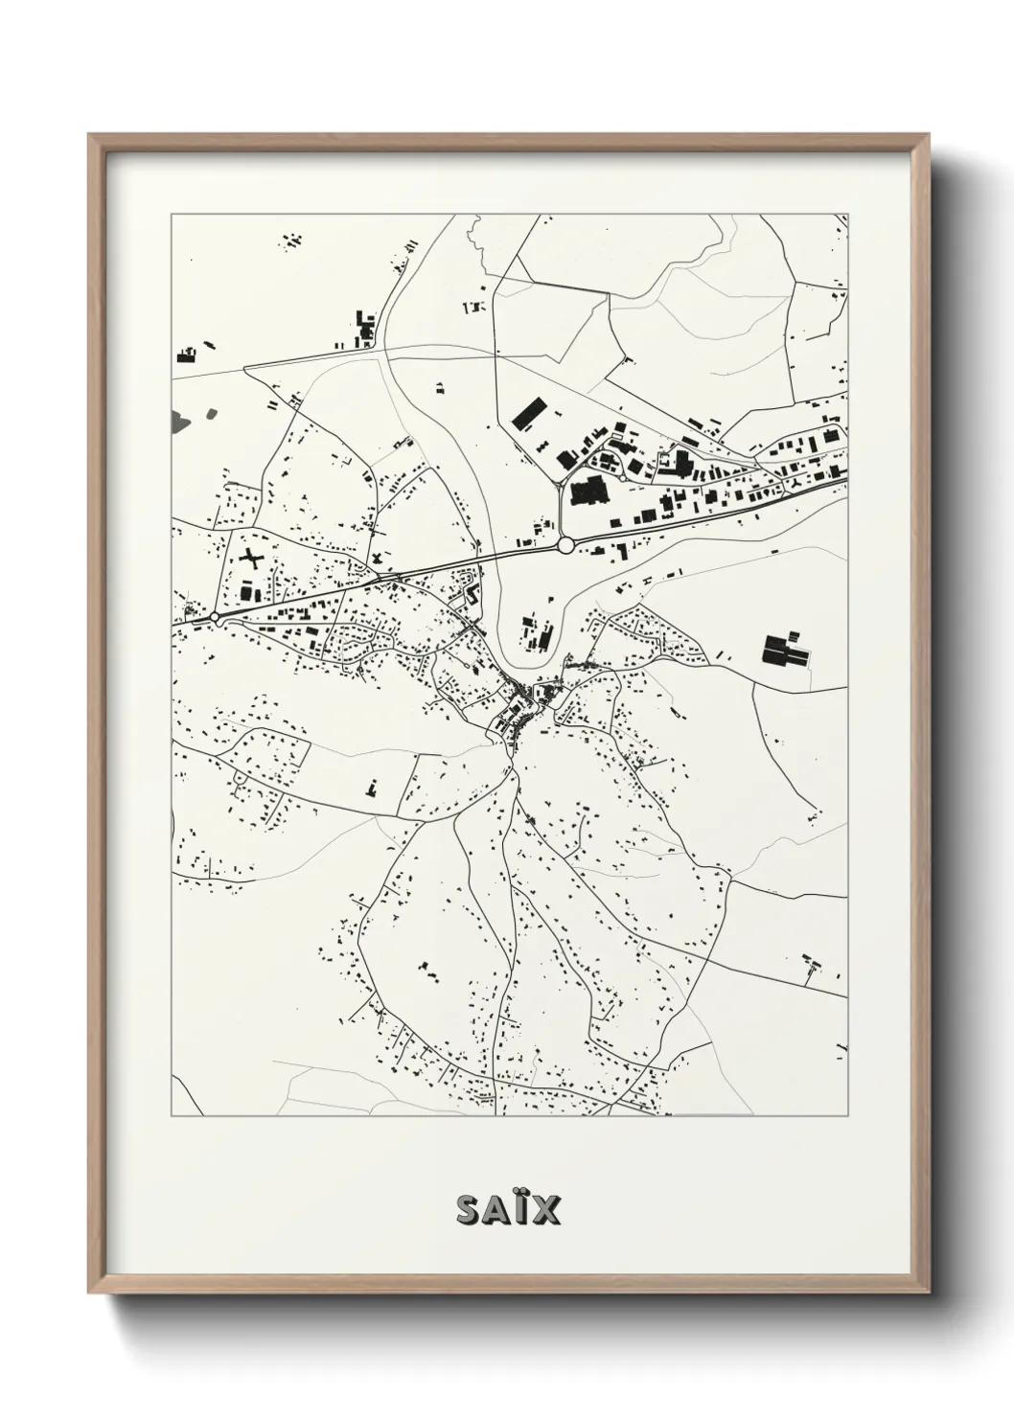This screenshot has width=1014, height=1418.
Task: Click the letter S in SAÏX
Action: click(x=469, y=1209)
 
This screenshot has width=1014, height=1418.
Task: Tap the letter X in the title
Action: click(x=545, y=1209)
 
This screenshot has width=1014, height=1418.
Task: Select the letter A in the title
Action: click(x=495, y=1209)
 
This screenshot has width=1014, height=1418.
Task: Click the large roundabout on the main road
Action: click(x=565, y=544)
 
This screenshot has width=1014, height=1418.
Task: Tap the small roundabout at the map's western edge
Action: click(x=216, y=618)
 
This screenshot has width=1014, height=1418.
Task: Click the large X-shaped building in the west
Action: click(x=250, y=559)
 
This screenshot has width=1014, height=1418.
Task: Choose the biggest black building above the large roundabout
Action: click(x=586, y=491)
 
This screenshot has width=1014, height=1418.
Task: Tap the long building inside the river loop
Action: click(x=546, y=635)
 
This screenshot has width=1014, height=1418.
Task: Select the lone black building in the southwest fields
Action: click(x=372, y=787)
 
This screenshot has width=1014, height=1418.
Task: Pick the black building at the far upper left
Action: click(x=186, y=355)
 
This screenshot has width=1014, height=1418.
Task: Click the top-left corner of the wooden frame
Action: click(x=89, y=135)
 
